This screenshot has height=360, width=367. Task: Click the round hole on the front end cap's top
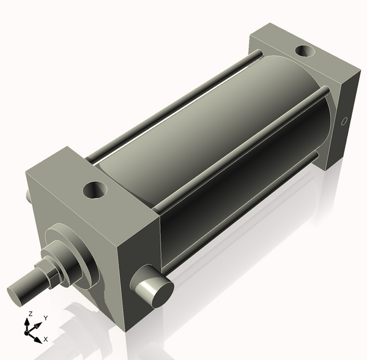(x=95, y=190)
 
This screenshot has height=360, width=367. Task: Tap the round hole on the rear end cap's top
(x=303, y=53)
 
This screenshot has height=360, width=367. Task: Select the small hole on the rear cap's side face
(x=344, y=121)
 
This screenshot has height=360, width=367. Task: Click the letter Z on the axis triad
(x=30, y=313)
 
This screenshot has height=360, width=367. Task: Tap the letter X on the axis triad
(x=45, y=339)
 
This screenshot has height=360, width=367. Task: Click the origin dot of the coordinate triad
(x=27, y=333)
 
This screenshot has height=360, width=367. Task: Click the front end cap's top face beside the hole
(x=67, y=178)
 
